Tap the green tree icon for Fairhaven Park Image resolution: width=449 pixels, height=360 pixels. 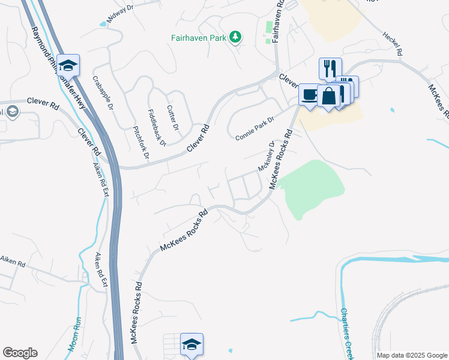237,37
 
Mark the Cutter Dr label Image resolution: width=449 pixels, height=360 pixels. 173,118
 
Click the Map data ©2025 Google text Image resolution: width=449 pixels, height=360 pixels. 411,355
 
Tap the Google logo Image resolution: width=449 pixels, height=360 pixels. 20,353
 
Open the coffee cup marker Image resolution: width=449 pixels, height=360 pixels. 310,94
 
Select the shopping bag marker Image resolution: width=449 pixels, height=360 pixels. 328,96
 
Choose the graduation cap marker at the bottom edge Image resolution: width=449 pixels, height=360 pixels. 191,344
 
